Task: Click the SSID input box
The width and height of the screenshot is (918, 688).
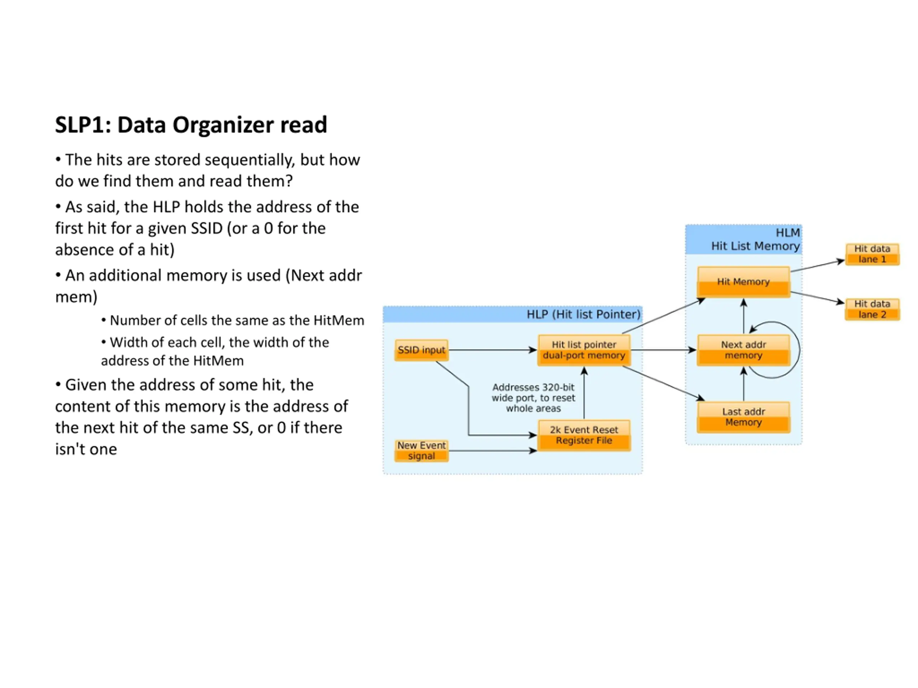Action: coord(421,350)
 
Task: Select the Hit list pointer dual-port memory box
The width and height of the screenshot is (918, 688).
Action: coord(584,350)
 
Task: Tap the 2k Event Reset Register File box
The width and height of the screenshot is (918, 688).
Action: coord(584,435)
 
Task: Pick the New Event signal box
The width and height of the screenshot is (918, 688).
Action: coord(421,450)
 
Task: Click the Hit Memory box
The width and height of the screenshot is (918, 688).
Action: coord(743,282)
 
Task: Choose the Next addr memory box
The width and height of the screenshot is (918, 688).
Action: coord(743,350)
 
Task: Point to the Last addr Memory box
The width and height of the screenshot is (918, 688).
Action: coord(743,417)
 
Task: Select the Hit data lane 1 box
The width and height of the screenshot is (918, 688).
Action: coord(872,254)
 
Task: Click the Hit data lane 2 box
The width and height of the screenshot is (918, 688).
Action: coord(872,309)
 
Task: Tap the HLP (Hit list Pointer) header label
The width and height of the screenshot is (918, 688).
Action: coord(583,314)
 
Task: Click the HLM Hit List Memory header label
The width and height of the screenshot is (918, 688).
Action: coord(755,239)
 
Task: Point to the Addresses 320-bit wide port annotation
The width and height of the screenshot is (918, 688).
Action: coord(533,398)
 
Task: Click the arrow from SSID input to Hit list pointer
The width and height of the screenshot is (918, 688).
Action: coord(493,350)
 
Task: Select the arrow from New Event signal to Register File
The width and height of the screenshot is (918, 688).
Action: coord(493,450)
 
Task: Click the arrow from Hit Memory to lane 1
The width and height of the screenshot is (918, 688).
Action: coord(818,266)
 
